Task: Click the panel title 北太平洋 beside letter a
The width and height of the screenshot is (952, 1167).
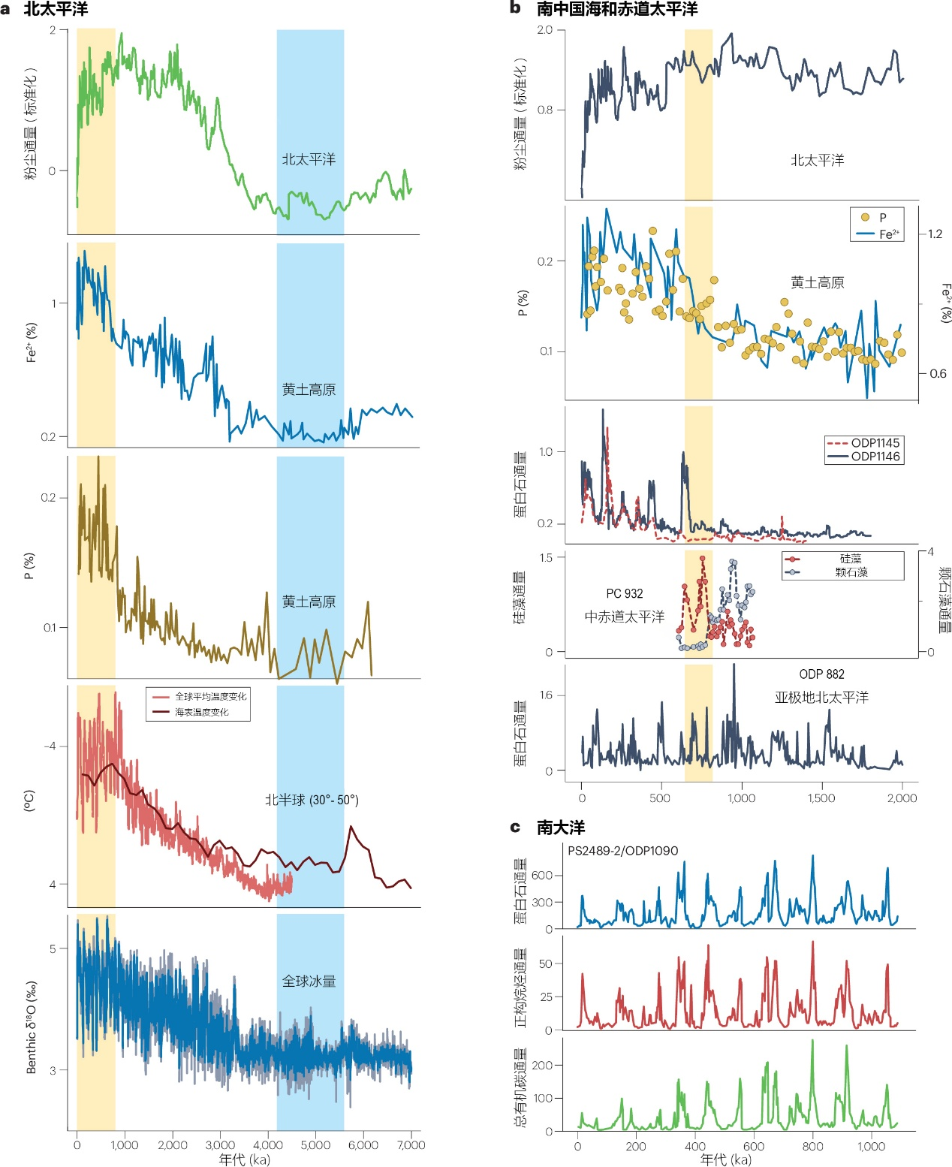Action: pyautogui.click(x=56, y=9)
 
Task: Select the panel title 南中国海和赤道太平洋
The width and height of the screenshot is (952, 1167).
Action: pyautogui.click(x=616, y=9)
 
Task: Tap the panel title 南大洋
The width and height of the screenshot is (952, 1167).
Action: pyautogui.click(x=560, y=828)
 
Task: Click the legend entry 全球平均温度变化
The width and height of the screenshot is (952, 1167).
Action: pyautogui.click(x=210, y=697)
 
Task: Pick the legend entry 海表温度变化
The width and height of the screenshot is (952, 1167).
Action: pyautogui.click(x=201, y=712)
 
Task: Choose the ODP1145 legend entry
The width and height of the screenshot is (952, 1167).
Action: pyautogui.click(x=875, y=443)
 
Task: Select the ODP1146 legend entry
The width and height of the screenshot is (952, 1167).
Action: pyautogui.click(x=875, y=457)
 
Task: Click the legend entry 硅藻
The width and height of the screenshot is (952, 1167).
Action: pyautogui.click(x=851, y=559)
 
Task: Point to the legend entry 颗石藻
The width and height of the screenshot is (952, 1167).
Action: pyautogui.click(x=851, y=572)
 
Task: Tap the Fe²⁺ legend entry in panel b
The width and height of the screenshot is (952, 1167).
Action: pyautogui.click(x=889, y=234)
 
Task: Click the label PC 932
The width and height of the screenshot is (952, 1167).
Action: pyautogui.click(x=625, y=594)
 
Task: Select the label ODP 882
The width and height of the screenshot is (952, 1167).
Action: pyautogui.click(x=821, y=674)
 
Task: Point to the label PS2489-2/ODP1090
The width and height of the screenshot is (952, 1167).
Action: pyautogui.click(x=622, y=851)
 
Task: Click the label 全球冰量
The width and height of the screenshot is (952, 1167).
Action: pyautogui.click(x=309, y=982)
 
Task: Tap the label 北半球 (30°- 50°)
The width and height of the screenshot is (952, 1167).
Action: pyautogui.click(x=312, y=801)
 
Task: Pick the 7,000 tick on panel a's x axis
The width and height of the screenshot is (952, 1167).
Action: pyautogui.click(x=411, y=1145)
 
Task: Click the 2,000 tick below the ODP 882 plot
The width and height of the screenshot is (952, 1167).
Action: pyautogui.click(x=902, y=798)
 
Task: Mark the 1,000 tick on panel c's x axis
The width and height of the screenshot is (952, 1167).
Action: pyautogui.click(x=871, y=1147)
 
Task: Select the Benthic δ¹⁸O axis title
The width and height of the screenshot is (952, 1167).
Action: pyautogui.click(x=32, y=1027)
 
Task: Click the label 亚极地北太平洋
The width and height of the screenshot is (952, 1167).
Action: pyautogui.click(x=821, y=698)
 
